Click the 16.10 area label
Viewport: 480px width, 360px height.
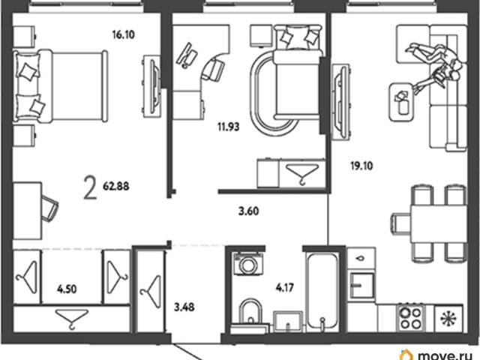(x=123, y=34)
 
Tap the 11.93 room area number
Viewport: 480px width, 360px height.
(x=228, y=127)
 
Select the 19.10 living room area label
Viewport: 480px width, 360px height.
(x=361, y=166)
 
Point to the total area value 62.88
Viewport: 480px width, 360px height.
(x=116, y=186)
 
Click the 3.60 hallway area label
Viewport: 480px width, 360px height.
(x=248, y=211)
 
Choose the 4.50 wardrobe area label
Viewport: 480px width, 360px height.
(x=67, y=289)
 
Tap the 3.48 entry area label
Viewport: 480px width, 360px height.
(x=184, y=307)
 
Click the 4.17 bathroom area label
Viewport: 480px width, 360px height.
(x=285, y=287)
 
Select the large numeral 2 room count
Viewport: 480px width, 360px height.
(x=90, y=188)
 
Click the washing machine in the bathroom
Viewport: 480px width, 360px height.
(x=248, y=264)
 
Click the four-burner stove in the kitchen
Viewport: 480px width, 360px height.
(x=410, y=317)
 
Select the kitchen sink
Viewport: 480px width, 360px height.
(x=362, y=285)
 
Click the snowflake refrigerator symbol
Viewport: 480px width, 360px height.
(x=448, y=318)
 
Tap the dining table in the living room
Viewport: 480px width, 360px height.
(x=439, y=224)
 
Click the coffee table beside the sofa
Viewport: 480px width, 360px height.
(x=403, y=103)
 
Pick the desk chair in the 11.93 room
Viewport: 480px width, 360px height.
(x=212, y=70)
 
